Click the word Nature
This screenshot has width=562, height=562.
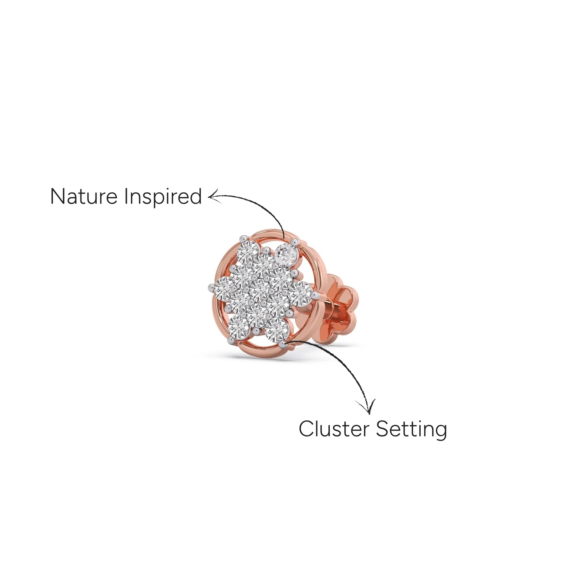pyautogui.click(x=84, y=196)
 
